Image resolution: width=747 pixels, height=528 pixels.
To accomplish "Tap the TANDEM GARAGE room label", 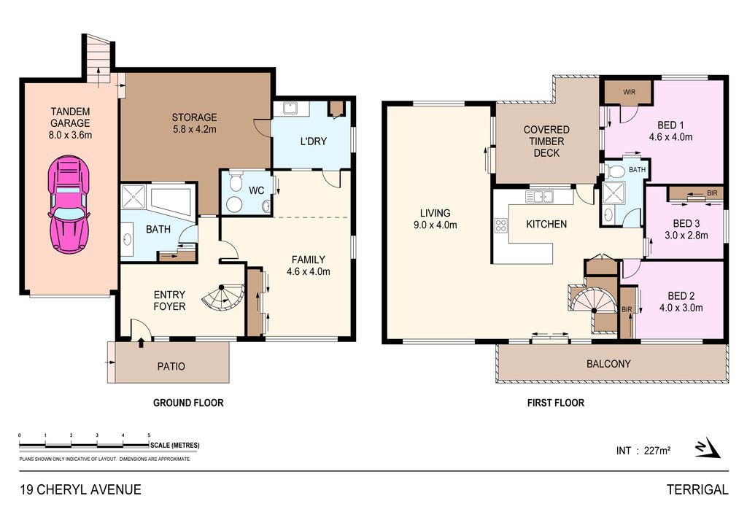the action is pos(71,123).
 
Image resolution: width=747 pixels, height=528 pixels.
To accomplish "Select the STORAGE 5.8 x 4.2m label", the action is pos(194,123).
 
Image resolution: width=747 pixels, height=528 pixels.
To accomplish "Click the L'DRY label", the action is pos(314,141).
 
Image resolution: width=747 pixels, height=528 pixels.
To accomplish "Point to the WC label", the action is pos(256,190).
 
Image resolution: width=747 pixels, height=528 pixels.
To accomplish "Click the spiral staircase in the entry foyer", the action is pos(222,297).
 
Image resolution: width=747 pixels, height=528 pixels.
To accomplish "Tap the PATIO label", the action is pos(171,367).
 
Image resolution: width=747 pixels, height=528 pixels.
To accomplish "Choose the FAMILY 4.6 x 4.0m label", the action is pos(309,265).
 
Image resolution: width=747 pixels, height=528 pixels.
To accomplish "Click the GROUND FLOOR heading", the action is pos(188,403).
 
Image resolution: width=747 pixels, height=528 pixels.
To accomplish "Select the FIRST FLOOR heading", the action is pos(555,403).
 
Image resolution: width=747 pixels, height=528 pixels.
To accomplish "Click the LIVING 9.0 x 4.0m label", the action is pos(435,219).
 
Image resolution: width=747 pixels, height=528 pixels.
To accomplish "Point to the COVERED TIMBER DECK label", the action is pos(546,141).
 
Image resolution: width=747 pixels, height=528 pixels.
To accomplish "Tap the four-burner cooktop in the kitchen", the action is pos(500,225).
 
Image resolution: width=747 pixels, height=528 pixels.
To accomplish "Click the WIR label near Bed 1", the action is pos(629,92).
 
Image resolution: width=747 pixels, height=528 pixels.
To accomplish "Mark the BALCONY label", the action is pos(608,364).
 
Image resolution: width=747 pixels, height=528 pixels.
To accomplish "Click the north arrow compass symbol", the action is pos(707,448).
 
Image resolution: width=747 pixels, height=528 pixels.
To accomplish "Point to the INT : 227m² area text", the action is pos(643,451).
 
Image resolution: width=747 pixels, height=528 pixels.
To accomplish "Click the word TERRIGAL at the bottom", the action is pos(697,489).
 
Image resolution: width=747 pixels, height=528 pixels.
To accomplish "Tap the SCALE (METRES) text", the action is pos(175,446).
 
